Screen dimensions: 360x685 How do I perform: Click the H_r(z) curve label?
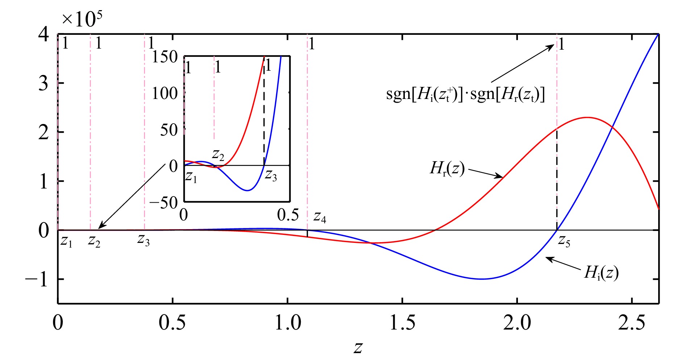[447, 169]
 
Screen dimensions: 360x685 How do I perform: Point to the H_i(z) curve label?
[601, 273]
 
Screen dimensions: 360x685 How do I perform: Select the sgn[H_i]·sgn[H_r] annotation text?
[465, 95]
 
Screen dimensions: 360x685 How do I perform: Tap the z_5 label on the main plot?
[564, 241]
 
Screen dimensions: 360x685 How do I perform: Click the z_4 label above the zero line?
[320, 218]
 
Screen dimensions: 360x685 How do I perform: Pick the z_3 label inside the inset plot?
[271, 175]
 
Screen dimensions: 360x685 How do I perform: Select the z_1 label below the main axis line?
[66, 241]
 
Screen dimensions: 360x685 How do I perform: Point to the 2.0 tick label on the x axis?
[517, 322]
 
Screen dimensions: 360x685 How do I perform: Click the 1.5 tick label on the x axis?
[402, 322]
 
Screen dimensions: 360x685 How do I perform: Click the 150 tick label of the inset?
[165, 57]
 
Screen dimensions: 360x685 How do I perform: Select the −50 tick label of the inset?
[163, 203]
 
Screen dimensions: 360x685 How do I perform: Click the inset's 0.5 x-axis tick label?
[288, 215]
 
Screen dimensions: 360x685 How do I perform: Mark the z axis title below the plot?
[358, 347]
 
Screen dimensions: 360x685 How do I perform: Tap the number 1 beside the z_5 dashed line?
[561, 45]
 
